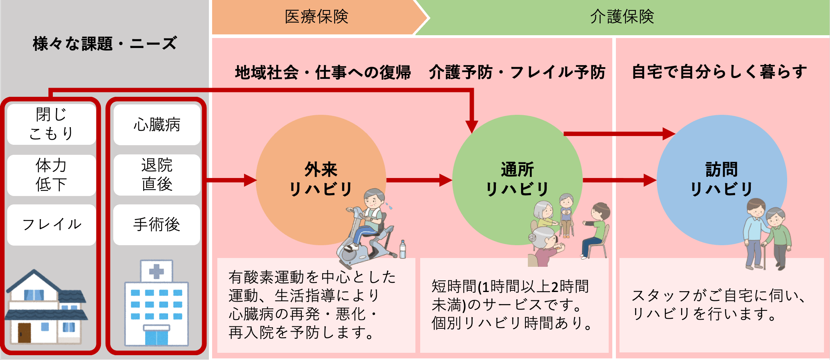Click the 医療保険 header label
click(x=316, y=17)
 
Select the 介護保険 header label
click(x=621, y=17)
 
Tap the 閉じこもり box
click(x=51, y=124)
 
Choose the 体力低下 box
click(x=51, y=175)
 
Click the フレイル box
click(x=51, y=224)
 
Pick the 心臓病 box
click(x=157, y=125)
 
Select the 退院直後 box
click(x=157, y=175)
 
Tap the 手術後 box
click(x=157, y=224)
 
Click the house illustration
click(x=46, y=308)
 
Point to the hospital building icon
click(x=156, y=304)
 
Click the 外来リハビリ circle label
click(x=321, y=179)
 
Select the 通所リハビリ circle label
click(x=517, y=179)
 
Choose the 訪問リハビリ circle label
click(x=722, y=179)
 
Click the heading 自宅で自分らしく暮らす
click(x=719, y=72)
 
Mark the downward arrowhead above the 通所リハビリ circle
click(x=472, y=126)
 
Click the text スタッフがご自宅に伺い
click(x=718, y=296)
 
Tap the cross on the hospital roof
click(x=156, y=271)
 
